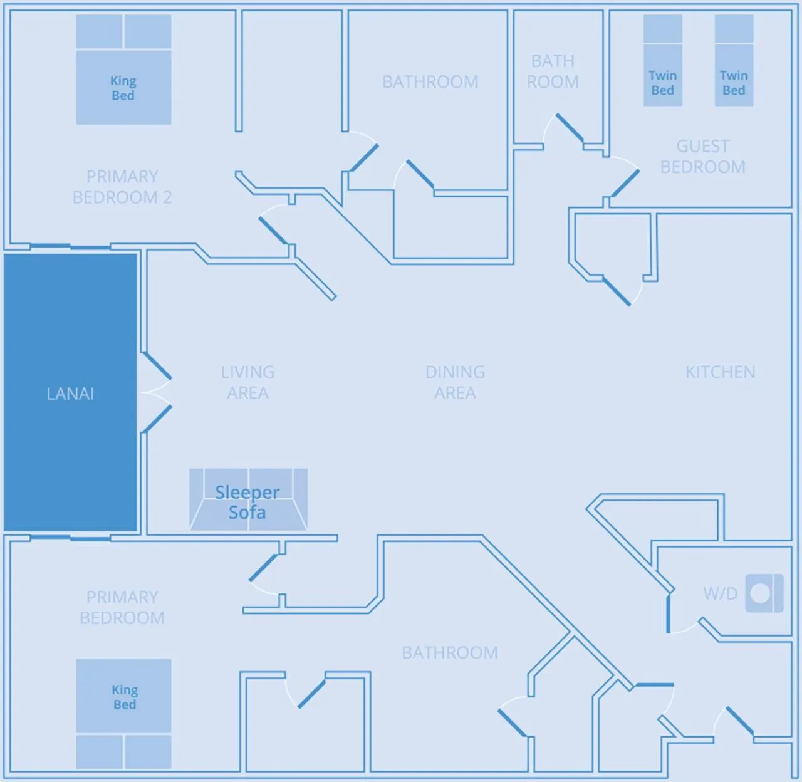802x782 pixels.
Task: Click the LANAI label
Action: pyautogui.click(x=70, y=394)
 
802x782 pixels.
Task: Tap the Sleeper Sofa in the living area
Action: pyautogui.click(x=248, y=500)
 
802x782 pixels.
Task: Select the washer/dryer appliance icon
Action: pyautogui.click(x=764, y=593)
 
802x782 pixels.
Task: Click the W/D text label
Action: pyautogui.click(x=720, y=593)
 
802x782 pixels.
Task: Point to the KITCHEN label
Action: pyautogui.click(x=720, y=372)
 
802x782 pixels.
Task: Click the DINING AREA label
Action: pyautogui.click(x=455, y=382)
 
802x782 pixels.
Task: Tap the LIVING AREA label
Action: pyautogui.click(x=247, y=382)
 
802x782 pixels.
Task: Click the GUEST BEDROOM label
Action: pyautogui.click(x=702, y=157)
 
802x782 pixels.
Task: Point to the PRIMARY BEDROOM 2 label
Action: pyautogui.click(x=122, y=187)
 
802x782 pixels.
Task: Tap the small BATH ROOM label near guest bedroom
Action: pyautogui.click(x=552, y=71)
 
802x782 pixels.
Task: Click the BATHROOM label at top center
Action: pyautogui.click(x=430, y=82)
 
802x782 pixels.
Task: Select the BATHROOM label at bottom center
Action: pyautogui.click(x=450, y=653)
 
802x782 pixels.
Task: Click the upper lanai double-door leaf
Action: pyautogui.click(x=156, y=367)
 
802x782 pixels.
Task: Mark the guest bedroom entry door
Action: pyautogui.click(x=625, y=183)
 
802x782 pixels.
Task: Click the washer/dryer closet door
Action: pyautogui.click(x=669, y=613)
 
